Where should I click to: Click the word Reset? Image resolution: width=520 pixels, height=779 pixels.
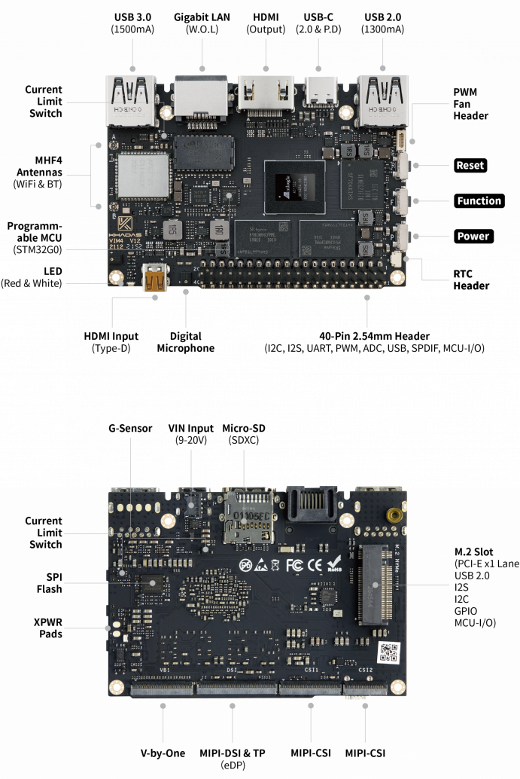click(470, 165)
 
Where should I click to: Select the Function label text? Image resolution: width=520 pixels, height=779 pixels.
click(479, 200)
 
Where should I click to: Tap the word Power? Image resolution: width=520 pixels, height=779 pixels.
click(473, 236)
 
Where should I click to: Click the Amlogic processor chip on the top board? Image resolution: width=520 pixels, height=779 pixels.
click(294, 188)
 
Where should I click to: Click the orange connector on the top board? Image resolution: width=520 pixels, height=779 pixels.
click(156, 280)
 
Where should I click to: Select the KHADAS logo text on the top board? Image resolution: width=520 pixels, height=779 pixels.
click(124, 234)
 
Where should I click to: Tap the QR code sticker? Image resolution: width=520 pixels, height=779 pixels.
click(387, 652)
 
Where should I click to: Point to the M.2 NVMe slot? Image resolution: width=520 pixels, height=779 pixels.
click(375, 584)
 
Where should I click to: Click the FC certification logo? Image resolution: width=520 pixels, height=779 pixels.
click(295, 565)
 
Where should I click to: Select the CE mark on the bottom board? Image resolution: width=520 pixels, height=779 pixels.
click(315, 565)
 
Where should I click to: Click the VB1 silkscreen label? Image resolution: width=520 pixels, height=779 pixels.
click(164, 669)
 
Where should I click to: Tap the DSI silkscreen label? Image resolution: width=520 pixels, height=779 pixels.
click(233, 669)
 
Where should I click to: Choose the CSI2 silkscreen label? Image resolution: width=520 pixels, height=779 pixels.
click(365, 669)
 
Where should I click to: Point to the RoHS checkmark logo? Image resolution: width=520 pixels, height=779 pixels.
click(336, 564)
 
